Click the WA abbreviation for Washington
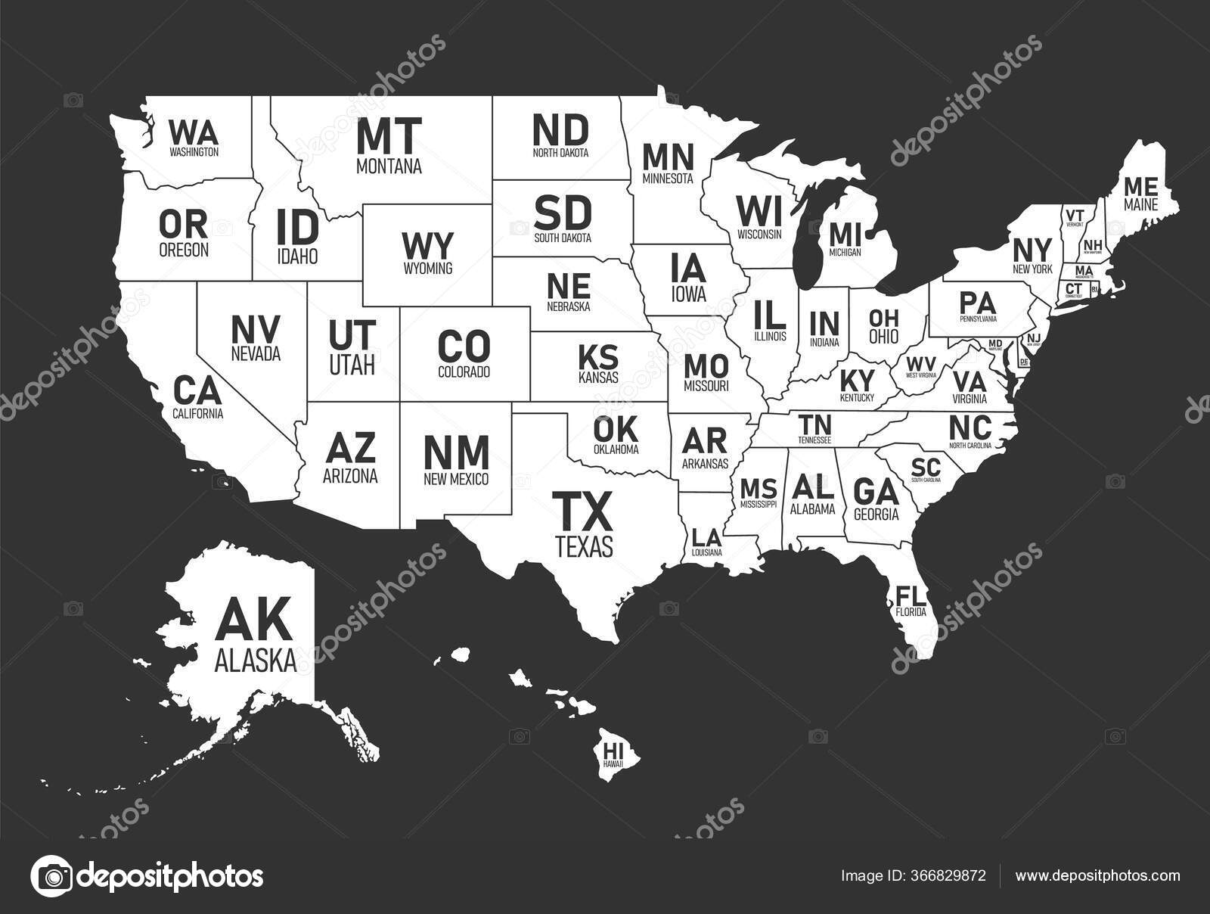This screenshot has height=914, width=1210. click(x=194, y=133)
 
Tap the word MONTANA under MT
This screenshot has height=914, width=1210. click(x=389, y=166)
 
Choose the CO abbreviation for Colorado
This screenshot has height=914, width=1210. click(x=464, y=347)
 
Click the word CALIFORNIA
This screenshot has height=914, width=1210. click(x=197, y=413)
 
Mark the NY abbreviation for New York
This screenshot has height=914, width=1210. click(x=1032, y=248)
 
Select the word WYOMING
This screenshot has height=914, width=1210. click(x=427, y=268)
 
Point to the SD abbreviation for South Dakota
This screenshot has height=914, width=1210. click(x=562, y=213)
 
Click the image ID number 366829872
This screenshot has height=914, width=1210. click(x=947, y=875)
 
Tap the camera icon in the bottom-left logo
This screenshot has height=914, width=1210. click(x=50, y=876)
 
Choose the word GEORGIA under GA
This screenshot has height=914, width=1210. click(x=876, y=515)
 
